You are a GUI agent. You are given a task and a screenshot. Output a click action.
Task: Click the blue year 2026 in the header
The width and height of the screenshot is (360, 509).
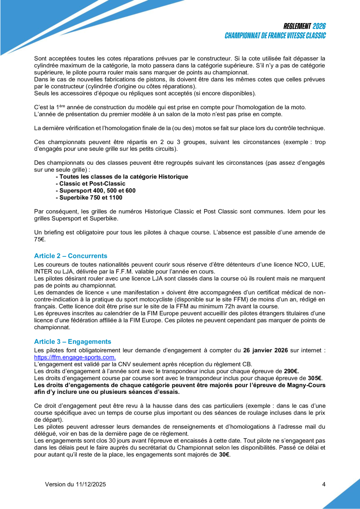pyautogui.click(x=319, y=26)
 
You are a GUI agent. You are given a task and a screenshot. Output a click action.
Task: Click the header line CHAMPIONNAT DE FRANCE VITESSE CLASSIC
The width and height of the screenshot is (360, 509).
pyautogui.click(x=275, y=36)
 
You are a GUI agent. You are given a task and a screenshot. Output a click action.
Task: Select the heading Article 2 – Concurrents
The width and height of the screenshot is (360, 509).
pyautogui.click(x=71, y=256)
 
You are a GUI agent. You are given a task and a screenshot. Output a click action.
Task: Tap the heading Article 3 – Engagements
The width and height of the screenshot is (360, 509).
pyautogui.click(x=72, y=342)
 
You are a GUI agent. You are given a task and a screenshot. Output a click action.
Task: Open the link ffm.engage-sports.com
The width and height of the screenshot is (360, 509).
pyautogui.click(x=75, y=357)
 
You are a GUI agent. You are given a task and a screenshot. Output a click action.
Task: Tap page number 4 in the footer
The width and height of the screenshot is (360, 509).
pyautogui.click(x=324, y=484)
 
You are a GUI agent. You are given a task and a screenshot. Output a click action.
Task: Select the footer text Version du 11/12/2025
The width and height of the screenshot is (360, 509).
pyautogui.click(x=76, y=484)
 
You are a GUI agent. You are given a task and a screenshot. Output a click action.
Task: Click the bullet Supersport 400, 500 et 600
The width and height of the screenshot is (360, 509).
pyautogui.click(x=98, y=191)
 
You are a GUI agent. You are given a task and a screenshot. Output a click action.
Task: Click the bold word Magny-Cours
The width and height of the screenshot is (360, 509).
pyautogui.click(x=308, y=385)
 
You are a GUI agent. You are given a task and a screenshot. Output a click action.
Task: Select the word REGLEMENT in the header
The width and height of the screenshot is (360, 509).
pyautogui.click(x=297, y=26)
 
